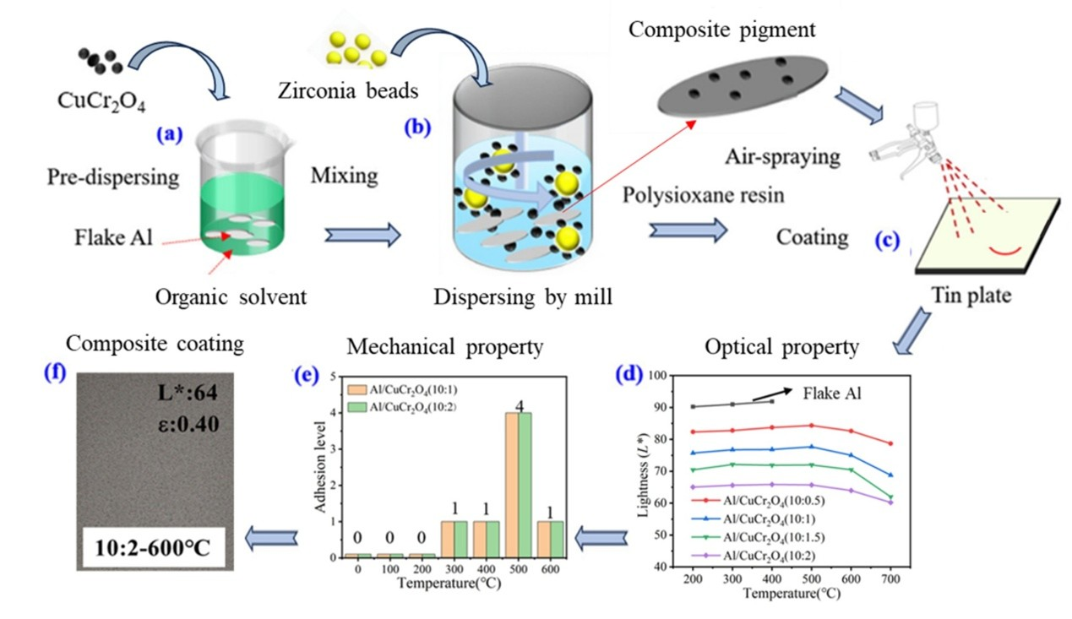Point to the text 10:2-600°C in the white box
(x=153, y=551)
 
